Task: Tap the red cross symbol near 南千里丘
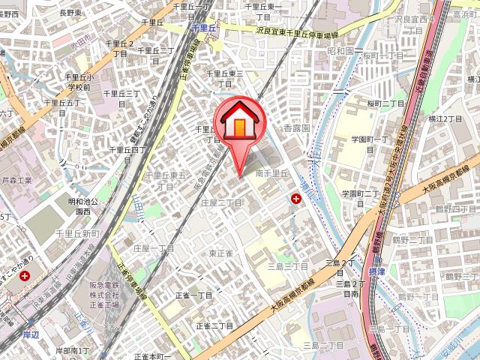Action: coord(297,198)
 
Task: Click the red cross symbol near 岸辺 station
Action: coord(26,276)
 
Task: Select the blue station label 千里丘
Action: coord(204,27)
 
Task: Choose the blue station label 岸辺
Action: coord(30,333)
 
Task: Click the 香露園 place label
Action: coord(296,128)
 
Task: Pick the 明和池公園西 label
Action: coord(88,206)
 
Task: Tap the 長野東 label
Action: coord(71,12)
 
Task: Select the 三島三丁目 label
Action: coord(288,266)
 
